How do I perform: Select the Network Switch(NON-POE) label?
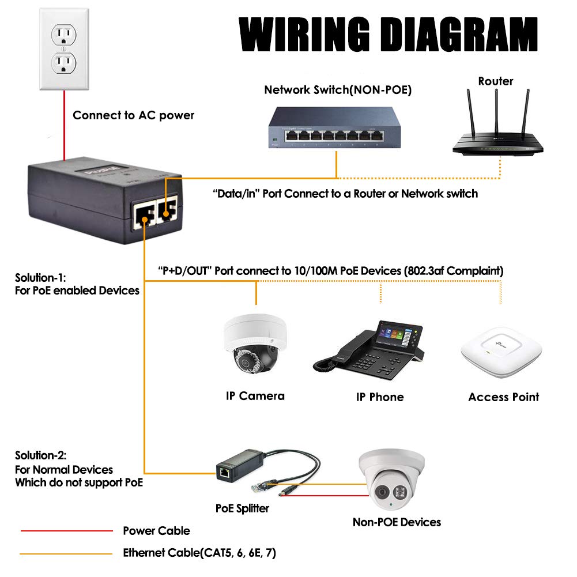coord(338,90)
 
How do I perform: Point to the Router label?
coord(495,81)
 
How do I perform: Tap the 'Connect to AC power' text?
coord(133,115)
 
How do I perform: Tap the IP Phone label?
coord(379,397)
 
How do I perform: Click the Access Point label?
coord(503,397)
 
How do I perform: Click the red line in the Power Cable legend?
coord(66,531)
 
